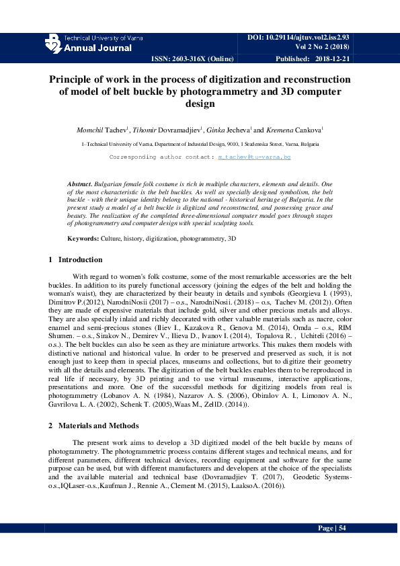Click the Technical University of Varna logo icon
[52, 44]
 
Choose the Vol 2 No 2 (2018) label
[323, 46]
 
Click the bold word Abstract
[81, 184]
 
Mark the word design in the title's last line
[200, 104]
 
